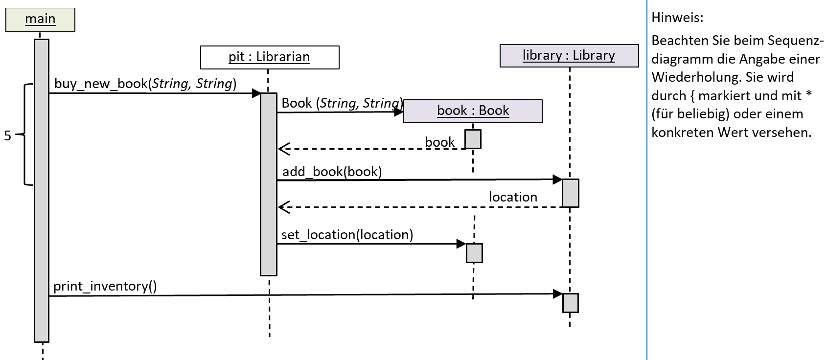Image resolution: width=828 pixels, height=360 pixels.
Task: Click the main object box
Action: point(40,20)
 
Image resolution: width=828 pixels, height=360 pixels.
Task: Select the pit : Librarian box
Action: point(270,57)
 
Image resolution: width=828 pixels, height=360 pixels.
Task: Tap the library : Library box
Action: point(569,56)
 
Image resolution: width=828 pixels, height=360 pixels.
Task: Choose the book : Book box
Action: point(473,111)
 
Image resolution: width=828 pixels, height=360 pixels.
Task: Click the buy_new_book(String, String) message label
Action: point(145,84)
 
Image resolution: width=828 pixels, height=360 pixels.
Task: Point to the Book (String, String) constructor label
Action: point(342,103)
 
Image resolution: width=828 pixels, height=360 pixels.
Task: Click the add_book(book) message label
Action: point(332,172)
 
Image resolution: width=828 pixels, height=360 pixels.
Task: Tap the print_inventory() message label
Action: point(105,287)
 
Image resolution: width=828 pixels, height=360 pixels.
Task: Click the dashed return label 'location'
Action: point(513,197)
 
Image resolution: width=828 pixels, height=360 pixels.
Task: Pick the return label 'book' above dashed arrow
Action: point(439,142)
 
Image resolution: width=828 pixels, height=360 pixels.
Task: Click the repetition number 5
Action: point(8,136)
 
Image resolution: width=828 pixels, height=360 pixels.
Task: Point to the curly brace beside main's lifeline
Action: point(24,135)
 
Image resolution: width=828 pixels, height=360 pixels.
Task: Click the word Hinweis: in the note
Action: point(677,18)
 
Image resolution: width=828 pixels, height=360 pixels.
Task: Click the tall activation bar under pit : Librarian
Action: point(269,184)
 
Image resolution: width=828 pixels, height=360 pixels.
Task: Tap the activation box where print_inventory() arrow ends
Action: point(571,303)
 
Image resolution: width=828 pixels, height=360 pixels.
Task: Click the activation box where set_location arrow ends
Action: point(474,253)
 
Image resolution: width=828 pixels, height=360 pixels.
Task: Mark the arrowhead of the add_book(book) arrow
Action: point(557,180)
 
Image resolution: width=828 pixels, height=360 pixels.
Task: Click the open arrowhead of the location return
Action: point(284,207)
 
